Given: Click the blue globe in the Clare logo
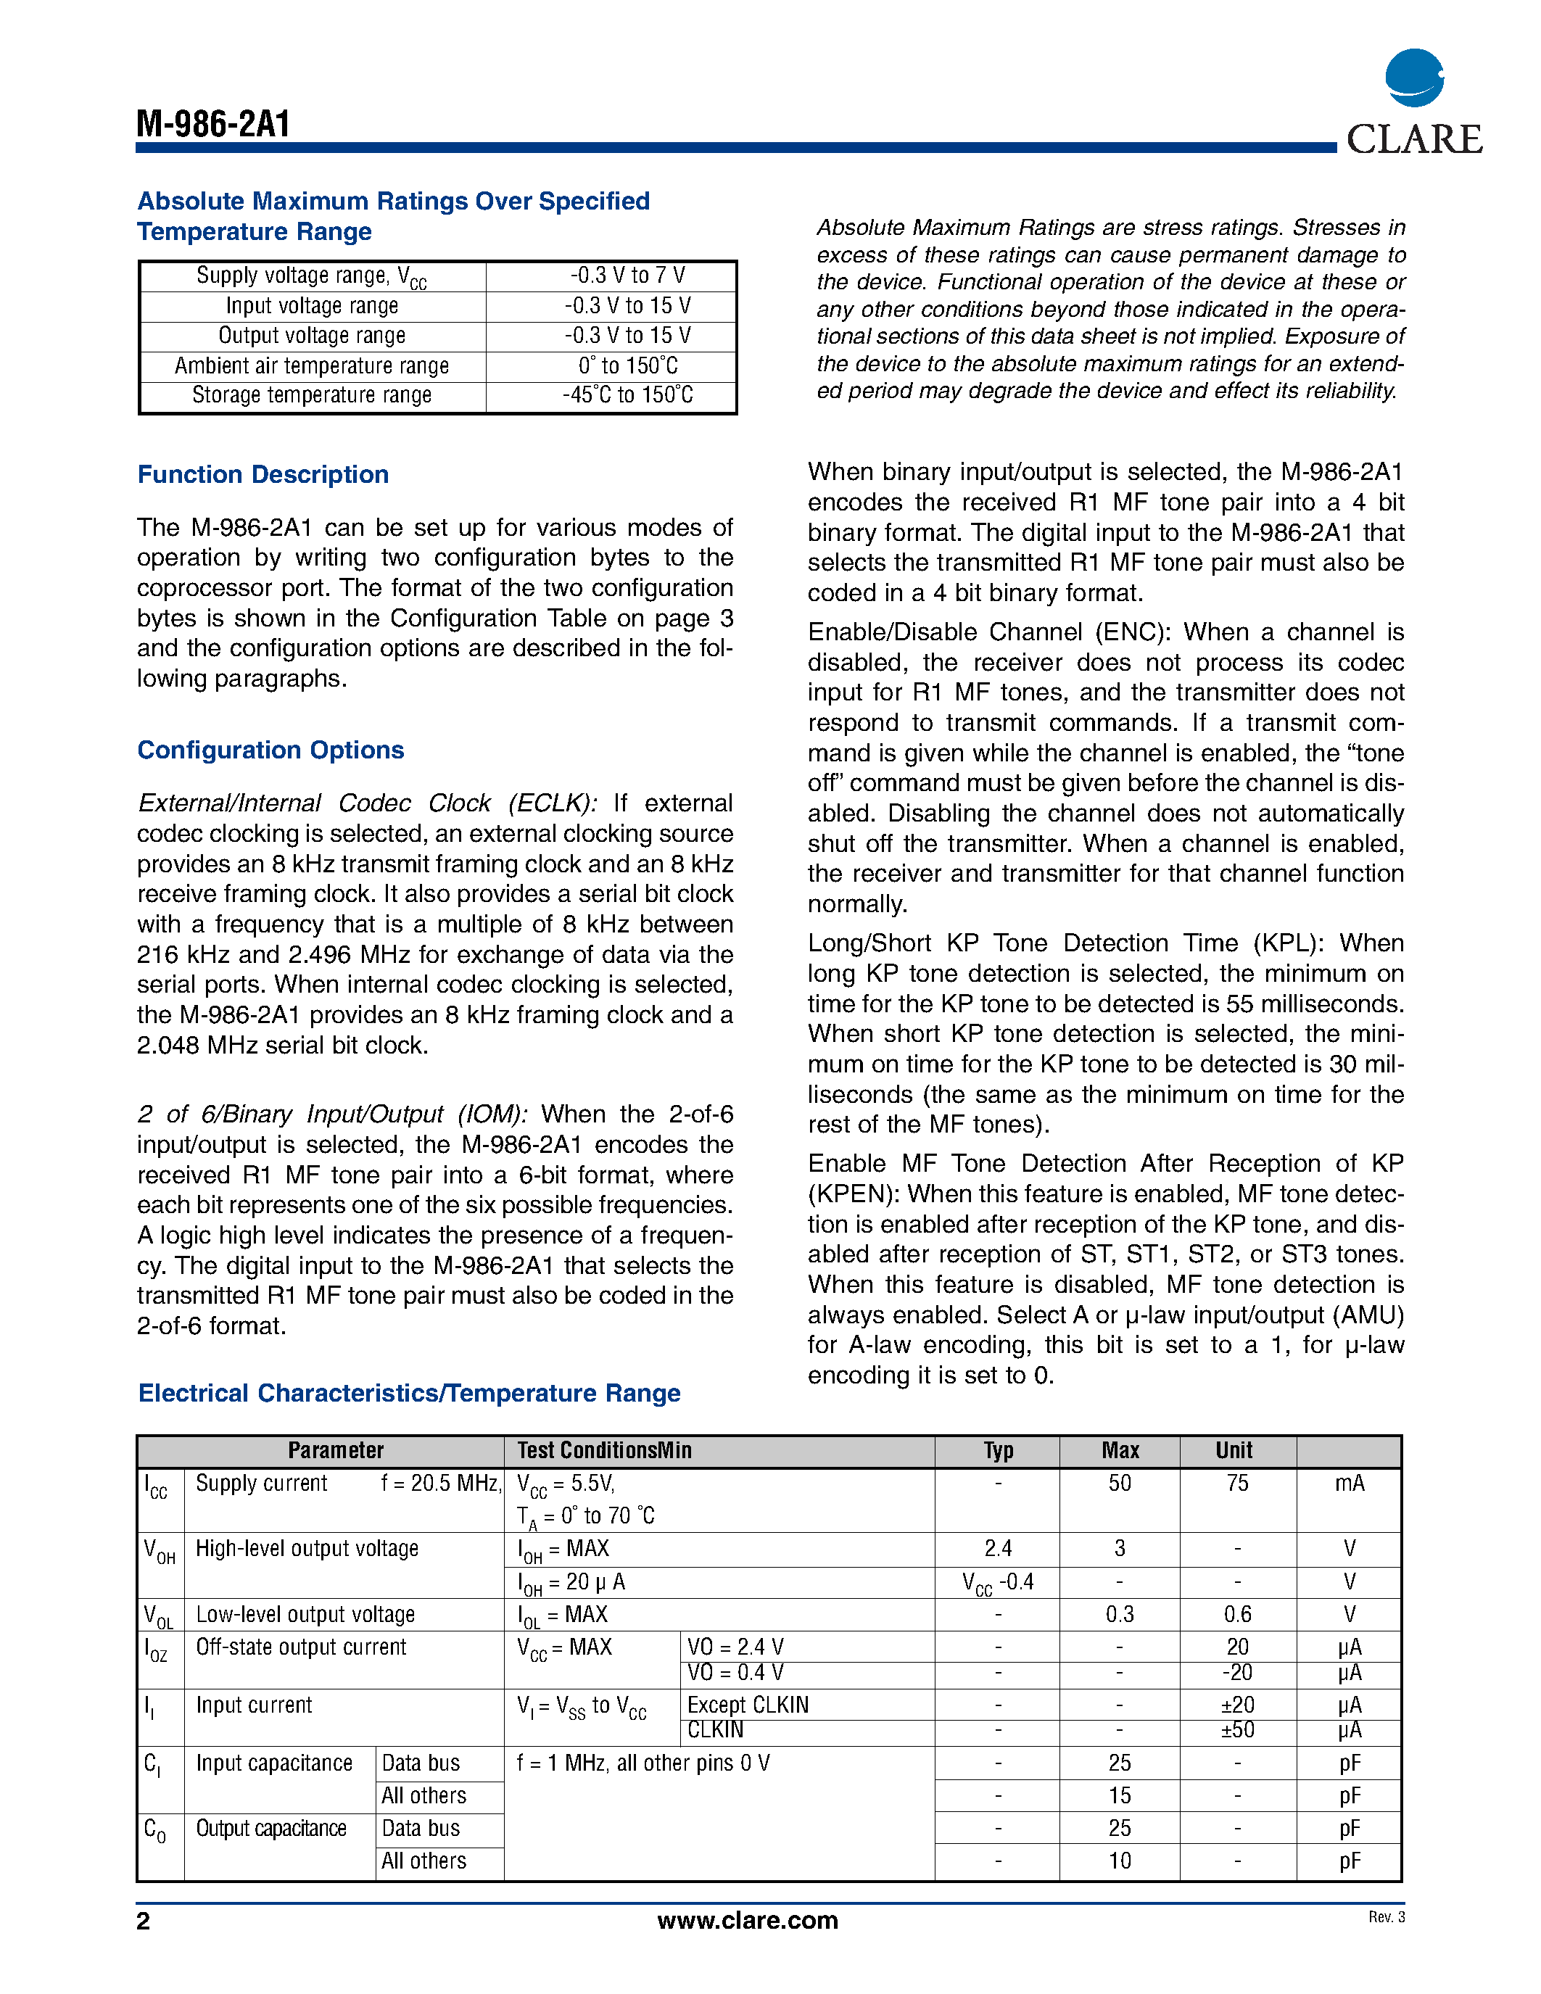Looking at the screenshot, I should point(1414,78).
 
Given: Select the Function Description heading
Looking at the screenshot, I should point(263,475).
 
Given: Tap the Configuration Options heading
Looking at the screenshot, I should point(270,750).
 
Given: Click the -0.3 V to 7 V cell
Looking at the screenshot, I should point(628,276).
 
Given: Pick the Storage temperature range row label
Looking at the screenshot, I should point(311,395).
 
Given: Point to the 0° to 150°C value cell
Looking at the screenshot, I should point(628,366).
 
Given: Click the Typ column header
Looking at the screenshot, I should point(998,1451).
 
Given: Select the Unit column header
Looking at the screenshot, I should point(1234,1451).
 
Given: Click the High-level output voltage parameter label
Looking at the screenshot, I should point(307,1549).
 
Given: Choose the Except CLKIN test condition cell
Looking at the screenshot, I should point(748,1705).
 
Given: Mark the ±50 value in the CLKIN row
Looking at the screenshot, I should point(1237,1730).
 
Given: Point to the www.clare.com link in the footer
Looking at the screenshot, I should point(747,1920).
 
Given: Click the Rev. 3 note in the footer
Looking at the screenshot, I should point(1386,1917).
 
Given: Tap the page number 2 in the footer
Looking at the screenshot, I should point(144,1921).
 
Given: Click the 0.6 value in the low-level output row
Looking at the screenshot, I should point(1237,1614).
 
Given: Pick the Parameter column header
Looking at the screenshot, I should point(335,1451).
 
